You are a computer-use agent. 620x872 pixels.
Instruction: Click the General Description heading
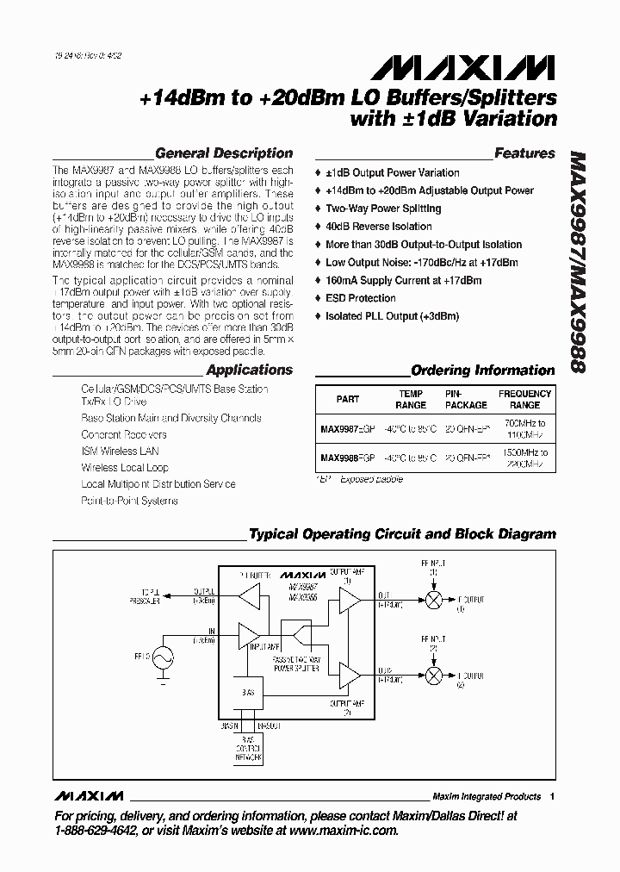pos(223,153)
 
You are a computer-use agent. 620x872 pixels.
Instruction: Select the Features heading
pos(524,153)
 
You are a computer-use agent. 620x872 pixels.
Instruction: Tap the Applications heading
pos(249,370)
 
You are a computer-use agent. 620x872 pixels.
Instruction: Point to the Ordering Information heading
pos(482,371)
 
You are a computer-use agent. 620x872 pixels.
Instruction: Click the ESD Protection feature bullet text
pos(360,298)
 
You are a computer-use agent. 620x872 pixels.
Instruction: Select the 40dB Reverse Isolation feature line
pos(378,227)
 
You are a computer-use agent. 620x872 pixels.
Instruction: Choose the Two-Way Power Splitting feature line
pos(382,209)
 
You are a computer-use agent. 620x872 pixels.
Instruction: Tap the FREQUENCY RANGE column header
pos(524,399)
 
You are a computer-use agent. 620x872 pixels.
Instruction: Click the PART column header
pos(347,399)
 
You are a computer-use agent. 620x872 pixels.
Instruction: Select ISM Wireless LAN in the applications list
pos(120,452)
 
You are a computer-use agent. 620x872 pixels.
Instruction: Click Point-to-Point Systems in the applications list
pos(129,501)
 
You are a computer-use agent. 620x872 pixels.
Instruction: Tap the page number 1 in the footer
pos(552,796)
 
